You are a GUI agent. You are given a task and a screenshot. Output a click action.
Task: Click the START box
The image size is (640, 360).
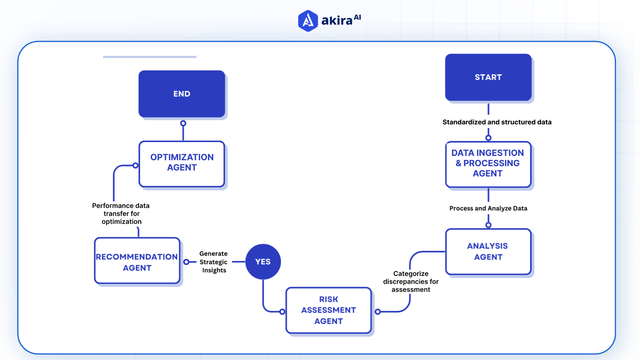[x=488, y=77]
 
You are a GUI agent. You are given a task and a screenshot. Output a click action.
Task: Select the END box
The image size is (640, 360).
[x=182, y=94]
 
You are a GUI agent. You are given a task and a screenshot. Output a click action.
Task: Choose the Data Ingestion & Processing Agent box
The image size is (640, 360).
[x=488, y=164]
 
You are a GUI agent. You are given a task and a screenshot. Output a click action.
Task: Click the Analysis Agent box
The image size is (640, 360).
[x=488, y=251]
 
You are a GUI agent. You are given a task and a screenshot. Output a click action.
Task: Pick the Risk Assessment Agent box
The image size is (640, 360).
[x=328, y=310]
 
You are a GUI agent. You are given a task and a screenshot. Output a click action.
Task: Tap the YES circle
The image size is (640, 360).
[x=263, y=262]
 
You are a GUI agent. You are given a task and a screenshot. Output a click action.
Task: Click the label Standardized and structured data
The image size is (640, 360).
[x=497, y=122]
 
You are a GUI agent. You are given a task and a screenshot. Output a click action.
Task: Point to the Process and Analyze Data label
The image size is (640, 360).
[x=488, y=208]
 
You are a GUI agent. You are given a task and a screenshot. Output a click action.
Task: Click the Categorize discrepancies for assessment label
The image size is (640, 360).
[x=411, y=281]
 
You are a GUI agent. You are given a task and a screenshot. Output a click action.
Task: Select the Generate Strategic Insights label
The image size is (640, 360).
[x=214, y=262]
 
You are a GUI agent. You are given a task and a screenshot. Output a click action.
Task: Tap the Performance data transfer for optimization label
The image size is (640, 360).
[x=121, y=213]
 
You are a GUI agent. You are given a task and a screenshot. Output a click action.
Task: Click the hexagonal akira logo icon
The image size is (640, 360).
[x=308, y=21]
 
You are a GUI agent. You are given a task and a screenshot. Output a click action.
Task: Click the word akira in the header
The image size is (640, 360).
[x=337, y=21]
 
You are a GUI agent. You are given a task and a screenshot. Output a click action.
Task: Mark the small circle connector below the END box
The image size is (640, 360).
[x=183, y=123]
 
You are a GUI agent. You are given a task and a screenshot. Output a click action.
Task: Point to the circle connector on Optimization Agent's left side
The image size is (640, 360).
[x=135, y=165]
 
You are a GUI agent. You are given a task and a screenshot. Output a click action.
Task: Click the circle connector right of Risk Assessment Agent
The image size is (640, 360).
[x=378, y=312]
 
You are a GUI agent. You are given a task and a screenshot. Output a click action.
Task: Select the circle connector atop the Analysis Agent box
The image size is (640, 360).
[x=488, y=225]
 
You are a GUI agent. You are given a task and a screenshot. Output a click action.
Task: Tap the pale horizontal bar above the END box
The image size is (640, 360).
[x=150, y=57]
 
